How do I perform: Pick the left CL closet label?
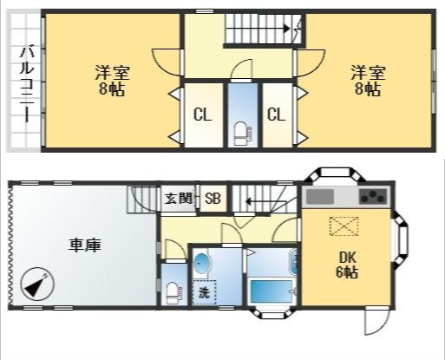click(x=201, y=115)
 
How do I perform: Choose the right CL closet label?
click(x=276, y=115)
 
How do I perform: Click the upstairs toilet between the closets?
click(x=239, y=131)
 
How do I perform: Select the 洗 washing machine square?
click(x=203, y=292)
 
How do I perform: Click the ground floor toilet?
click(x=172, y=291)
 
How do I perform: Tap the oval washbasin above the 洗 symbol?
click(x=202, y=263)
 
